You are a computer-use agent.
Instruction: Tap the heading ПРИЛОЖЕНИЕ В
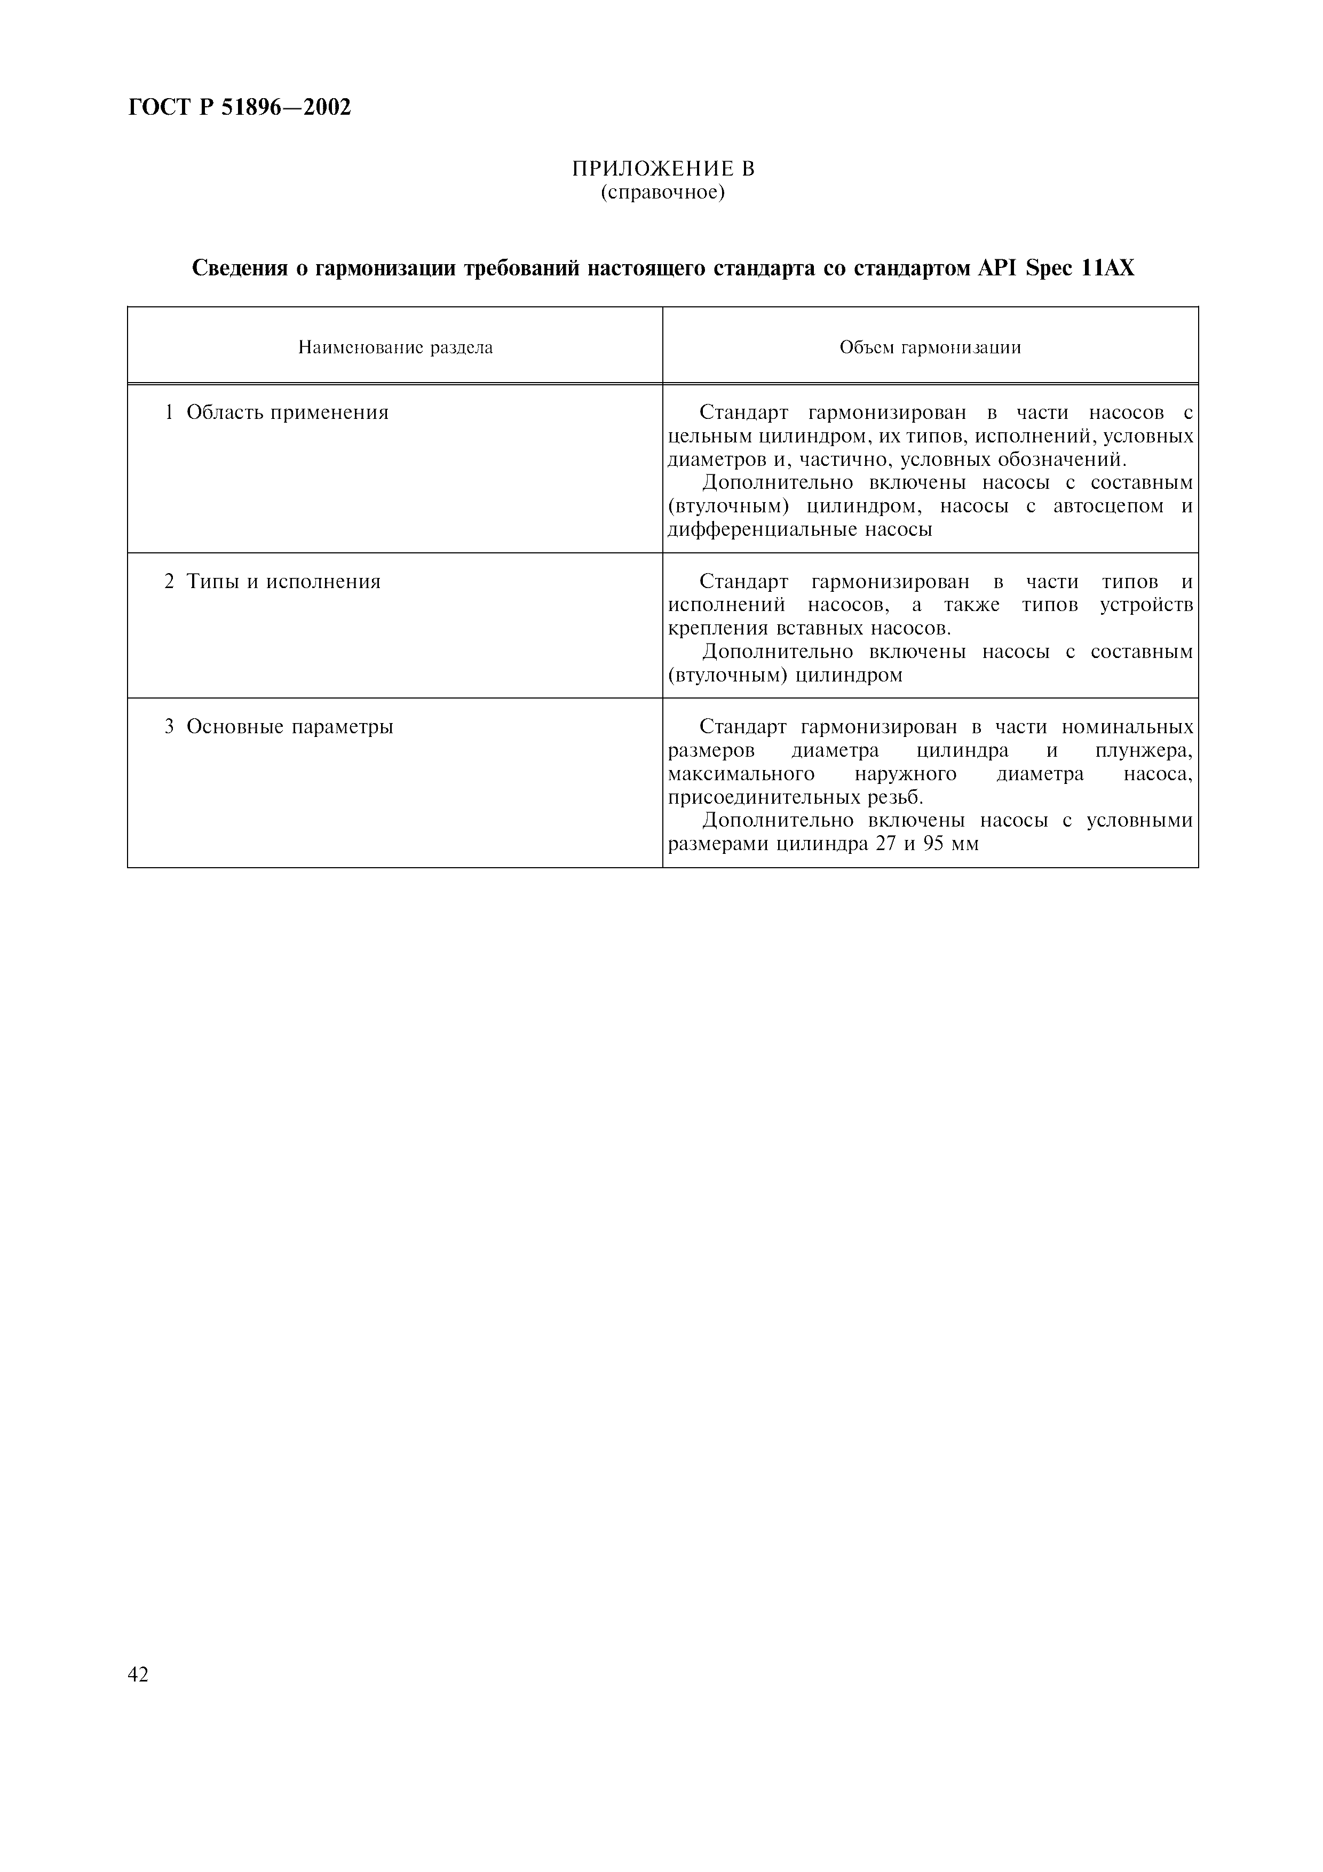[663, 169]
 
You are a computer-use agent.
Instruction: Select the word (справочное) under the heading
[663, 193]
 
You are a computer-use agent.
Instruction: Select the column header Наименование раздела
[395, 348]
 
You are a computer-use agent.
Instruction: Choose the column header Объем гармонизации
[930, 348]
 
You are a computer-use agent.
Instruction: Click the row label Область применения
[287, 413]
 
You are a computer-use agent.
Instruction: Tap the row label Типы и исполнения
[283, 582]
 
